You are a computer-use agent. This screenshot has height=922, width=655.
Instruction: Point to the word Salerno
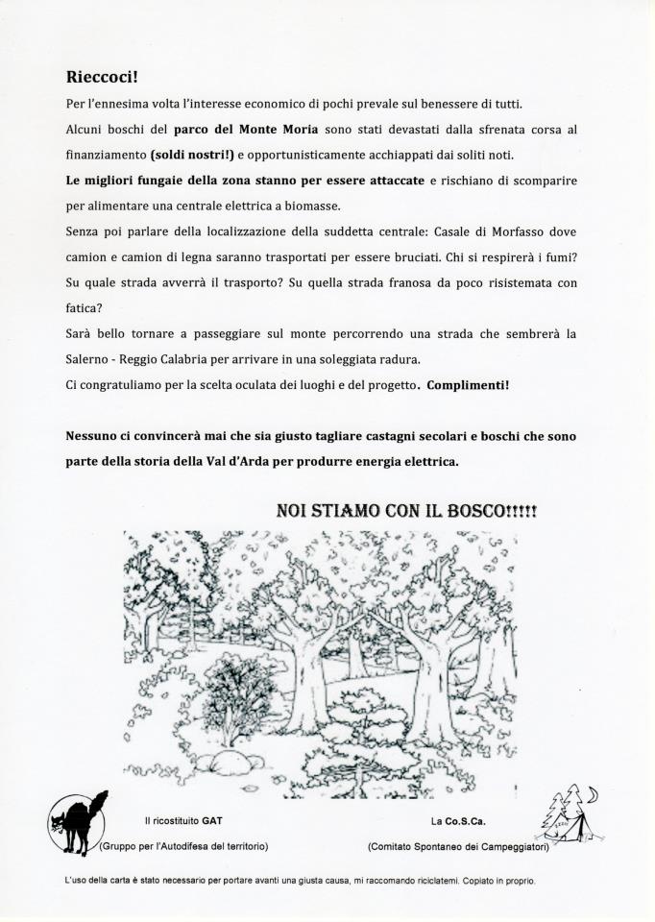pos(90,359)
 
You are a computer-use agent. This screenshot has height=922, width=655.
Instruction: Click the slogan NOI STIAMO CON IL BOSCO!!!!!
pos(406,511)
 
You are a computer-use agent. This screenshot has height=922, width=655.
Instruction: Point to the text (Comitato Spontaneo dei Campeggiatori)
pos(457,846)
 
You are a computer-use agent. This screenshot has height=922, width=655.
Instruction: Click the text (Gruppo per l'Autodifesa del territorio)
pos(183,846)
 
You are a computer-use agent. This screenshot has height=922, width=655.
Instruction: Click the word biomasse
pos(312,206)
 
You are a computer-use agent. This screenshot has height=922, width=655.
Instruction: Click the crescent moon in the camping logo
pos(593,793)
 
